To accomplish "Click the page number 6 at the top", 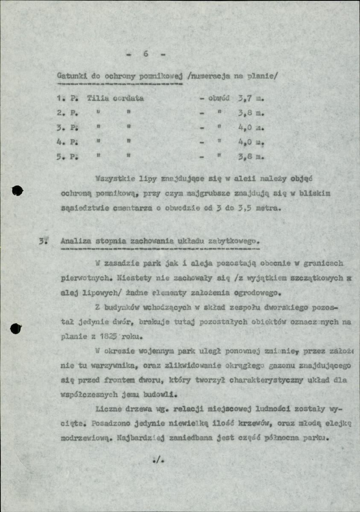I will pyautogui.click(x=146, y=54).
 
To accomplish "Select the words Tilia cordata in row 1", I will pyautogui.click(x=115, y=98).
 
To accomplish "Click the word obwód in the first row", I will pyautogui.click(x=219, y=98).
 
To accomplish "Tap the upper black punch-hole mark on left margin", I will pyautogui.click(x=17, y=191).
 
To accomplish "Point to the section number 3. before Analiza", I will pyautogui.click(x=42, y=241).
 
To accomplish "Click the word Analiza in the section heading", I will pyautogui.click(x=75, y=241).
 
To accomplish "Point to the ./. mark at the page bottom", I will pyautogui.click(x=158, y=460).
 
